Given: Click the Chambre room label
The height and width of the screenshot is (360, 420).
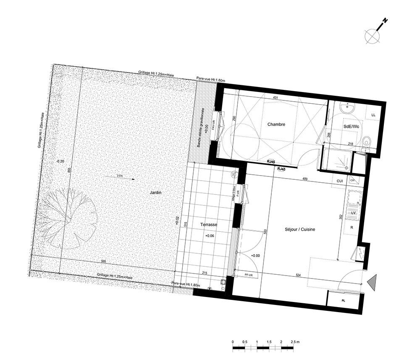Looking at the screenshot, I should pyautogui.click(x=276, y=124).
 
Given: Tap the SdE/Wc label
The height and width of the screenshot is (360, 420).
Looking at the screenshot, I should pyautogui.click(x=351, y=126).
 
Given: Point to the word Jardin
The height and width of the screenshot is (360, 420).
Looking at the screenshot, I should pyautogui.click(x=155, y=192).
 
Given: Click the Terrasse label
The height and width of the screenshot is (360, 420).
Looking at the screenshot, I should pyautogui.click(x=208, y=225).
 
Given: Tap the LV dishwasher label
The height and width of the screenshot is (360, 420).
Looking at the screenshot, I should pyautogui.click(x=353, y=213).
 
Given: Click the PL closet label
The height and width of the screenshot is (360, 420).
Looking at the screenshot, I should pyautogui.click(x=344, y=301).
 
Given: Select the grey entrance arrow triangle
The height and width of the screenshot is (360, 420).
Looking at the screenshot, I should pyautogui.click(x=373, y=281).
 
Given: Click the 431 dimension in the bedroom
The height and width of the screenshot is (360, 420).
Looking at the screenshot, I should pyautogui.click(x=276, y=97).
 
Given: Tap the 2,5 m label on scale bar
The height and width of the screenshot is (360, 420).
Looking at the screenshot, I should pyautogui.click(x=295, y=342).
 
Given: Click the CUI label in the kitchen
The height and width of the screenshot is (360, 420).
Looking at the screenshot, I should pyautogui.click(x=340, y=181).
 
